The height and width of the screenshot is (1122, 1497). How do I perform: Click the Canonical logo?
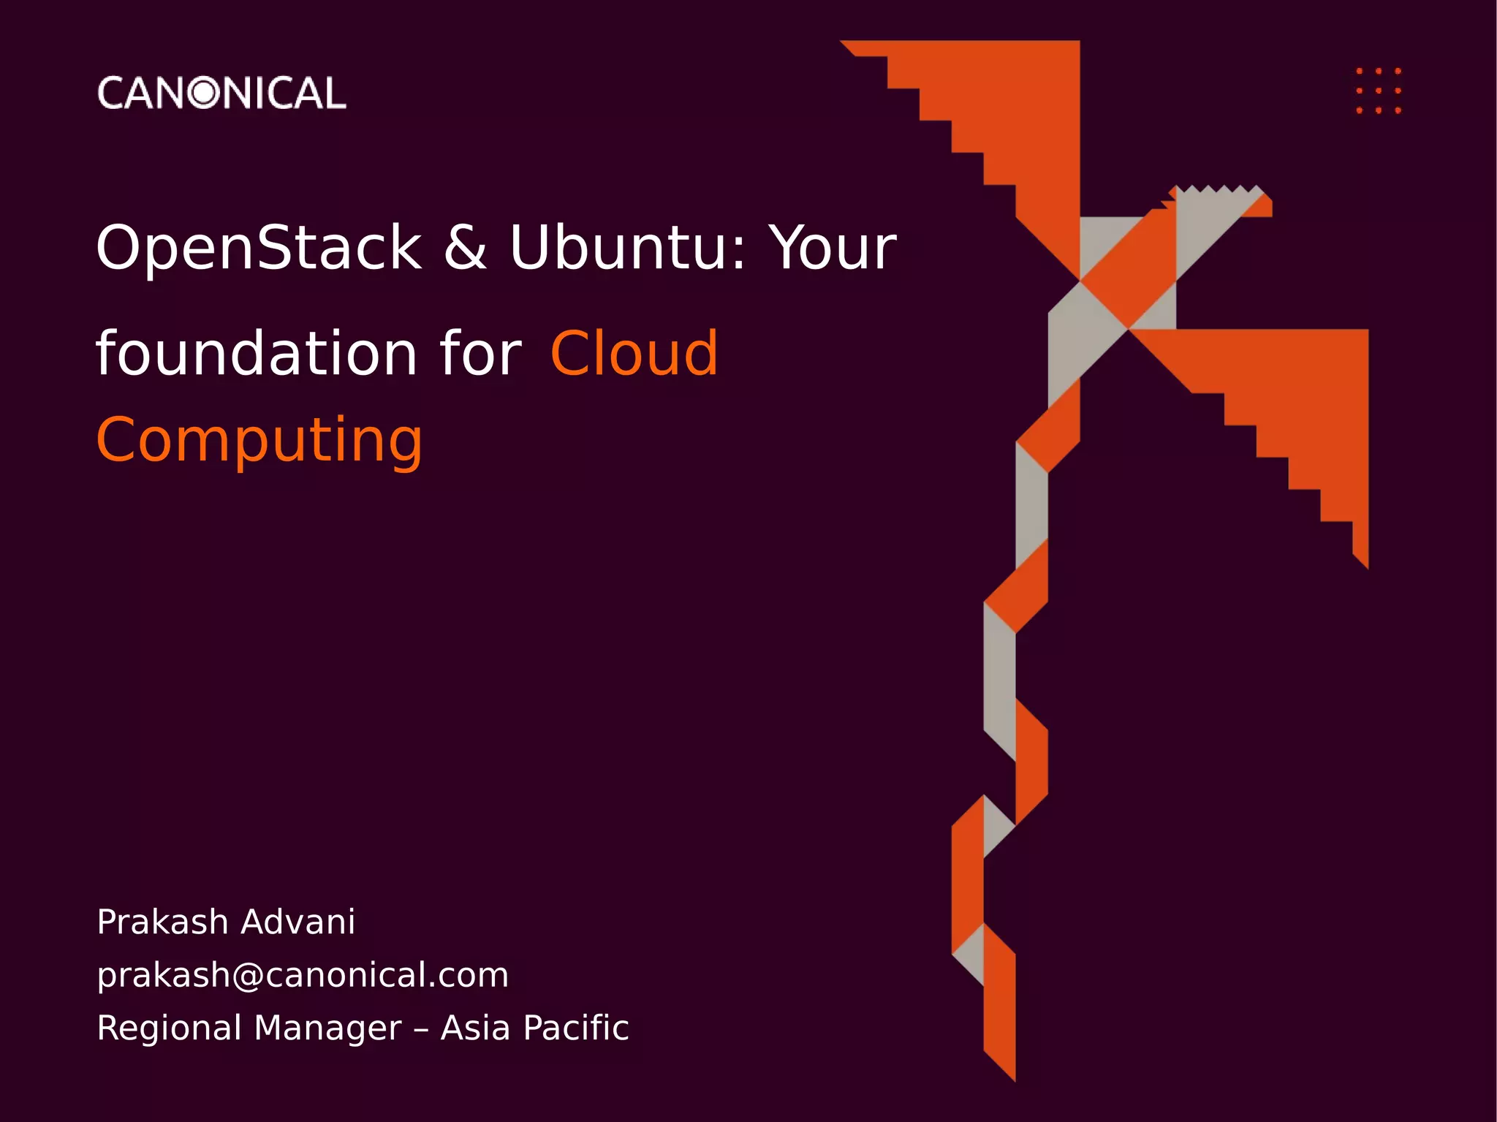click(x=221, y=93)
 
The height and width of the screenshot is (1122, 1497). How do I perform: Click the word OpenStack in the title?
click(x=259, y=248)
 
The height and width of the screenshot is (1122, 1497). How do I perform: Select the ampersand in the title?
click(x=465, y=248)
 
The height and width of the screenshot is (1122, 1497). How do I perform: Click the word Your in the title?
click(x=834, y=248)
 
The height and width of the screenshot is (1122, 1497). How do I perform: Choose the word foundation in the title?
click(x=256, y=354)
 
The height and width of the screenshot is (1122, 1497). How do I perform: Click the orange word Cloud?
click(x=634, y=354)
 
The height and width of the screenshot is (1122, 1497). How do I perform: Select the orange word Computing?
click(x=259, y=440)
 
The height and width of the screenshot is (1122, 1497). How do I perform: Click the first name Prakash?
click(x=162, y=922)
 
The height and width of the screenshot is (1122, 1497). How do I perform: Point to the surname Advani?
click(x=297, y=922)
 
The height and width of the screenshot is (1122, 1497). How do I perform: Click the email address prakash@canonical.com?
click(x=303, y=975)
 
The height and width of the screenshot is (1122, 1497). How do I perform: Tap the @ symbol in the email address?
click(x=248, y=976)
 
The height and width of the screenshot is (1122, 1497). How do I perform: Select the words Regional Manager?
click(x=249, y=1028)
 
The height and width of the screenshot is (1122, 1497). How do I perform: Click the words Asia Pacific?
click(x=534, y=1028)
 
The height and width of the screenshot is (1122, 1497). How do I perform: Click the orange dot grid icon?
click(x=1379, y=91)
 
